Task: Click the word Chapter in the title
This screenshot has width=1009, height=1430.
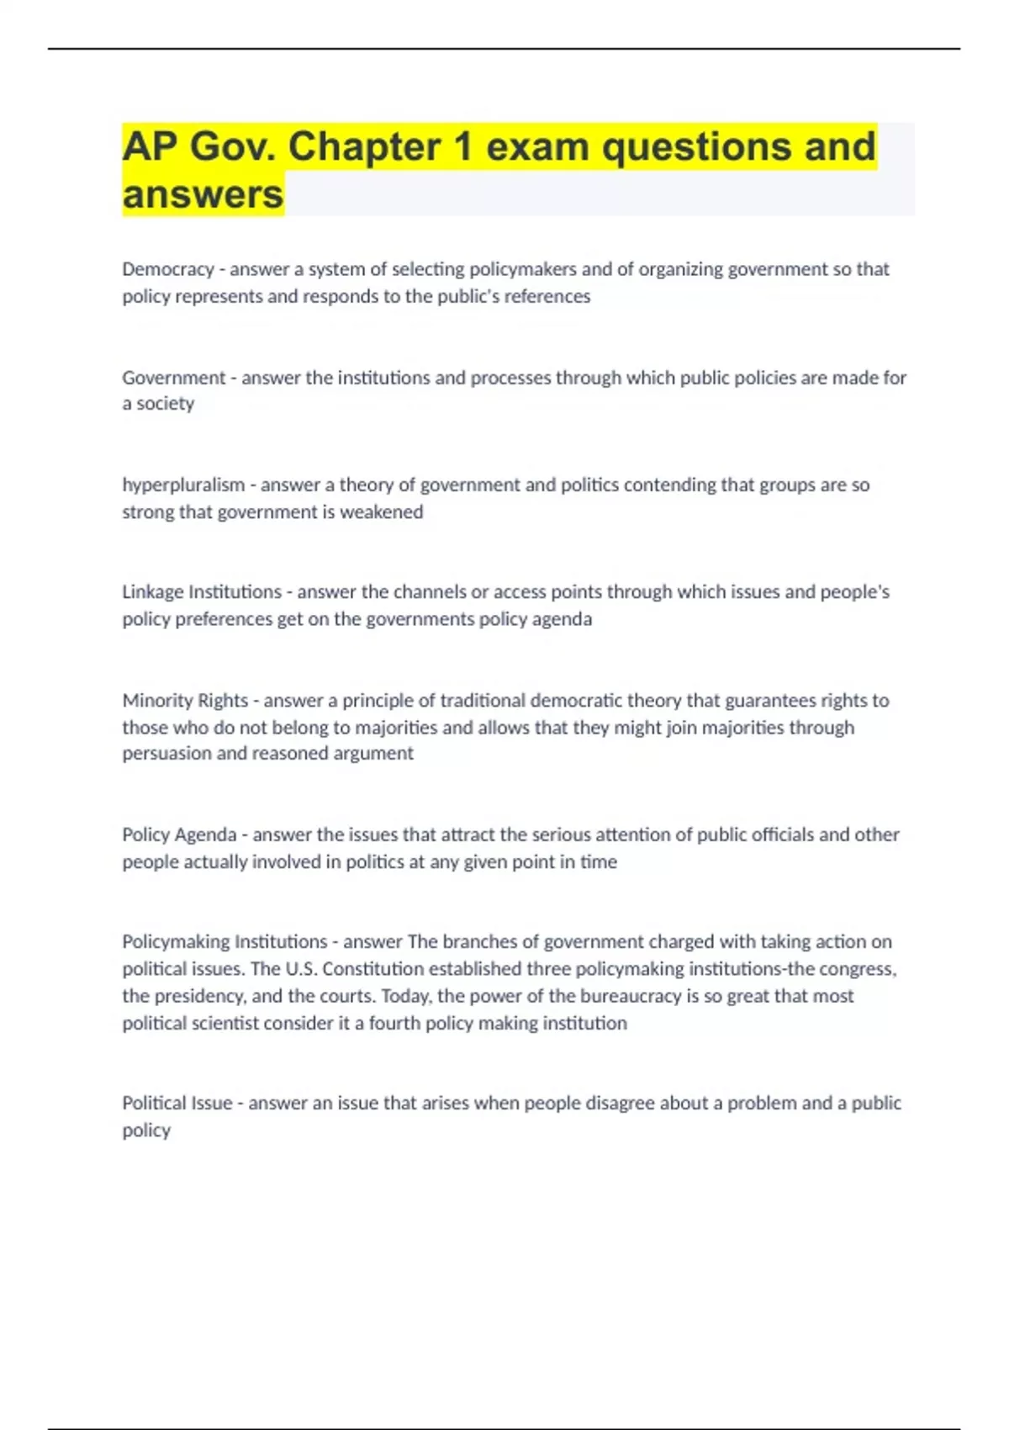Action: [364, 146]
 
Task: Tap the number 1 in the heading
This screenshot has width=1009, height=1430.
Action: [463, 146]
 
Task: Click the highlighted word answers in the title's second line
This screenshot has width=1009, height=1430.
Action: [203, 194]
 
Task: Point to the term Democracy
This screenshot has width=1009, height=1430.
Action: [168, 269]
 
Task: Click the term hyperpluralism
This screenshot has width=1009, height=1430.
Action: [183, 485]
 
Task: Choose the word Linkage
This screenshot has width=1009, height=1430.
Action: [152, 592]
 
